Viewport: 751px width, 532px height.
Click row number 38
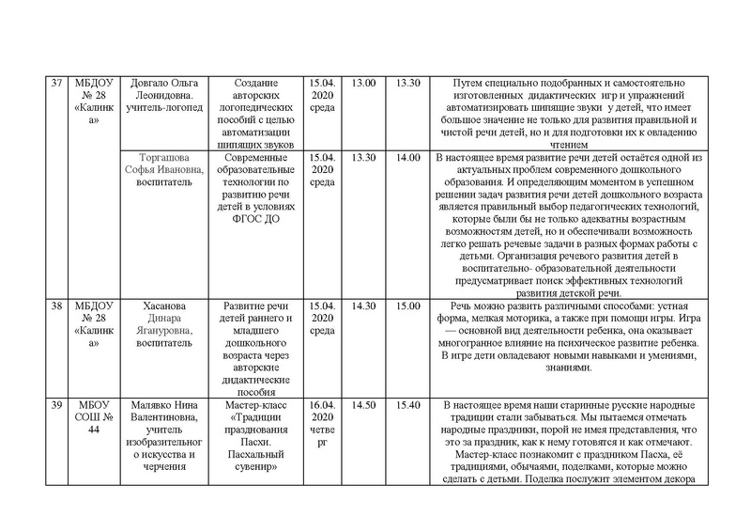pos(55,306)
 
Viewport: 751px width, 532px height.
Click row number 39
pos(55,405)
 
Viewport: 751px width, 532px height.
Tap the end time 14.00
pos(408,157)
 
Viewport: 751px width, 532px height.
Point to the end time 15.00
pos(408,306)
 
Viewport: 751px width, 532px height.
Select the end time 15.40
pos(408,405)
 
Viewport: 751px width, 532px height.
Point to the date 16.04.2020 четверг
pos(322,423)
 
